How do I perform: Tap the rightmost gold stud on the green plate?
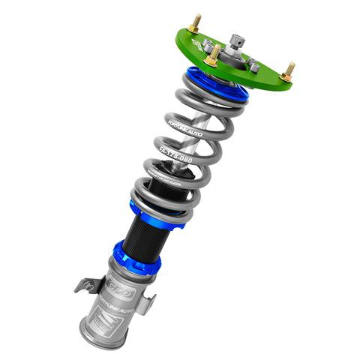(x=289, y=71)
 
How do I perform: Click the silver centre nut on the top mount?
(x=238, y=41)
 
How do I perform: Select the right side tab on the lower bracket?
(x=148, y=304)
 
